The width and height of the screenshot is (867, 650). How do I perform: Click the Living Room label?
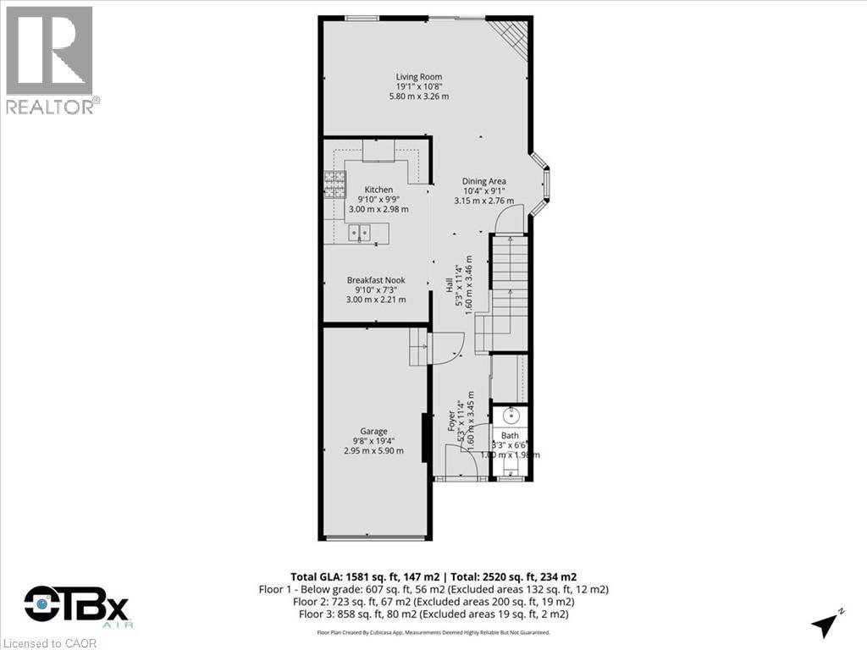point(419,77)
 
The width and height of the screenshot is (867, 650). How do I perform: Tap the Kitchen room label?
point(378,190)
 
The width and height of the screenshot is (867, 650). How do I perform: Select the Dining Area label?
point(483,181)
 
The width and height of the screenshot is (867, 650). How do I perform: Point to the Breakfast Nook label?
point(376,280)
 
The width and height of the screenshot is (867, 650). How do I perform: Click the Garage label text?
point(373,431)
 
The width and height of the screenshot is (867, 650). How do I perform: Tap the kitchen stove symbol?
point(334,180)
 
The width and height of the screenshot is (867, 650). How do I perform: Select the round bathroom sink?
point(510,416)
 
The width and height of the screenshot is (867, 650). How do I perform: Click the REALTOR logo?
point(52,59)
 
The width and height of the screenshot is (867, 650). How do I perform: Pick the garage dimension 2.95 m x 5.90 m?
point(373,450)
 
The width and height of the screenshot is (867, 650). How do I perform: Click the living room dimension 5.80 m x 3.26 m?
point(419,96)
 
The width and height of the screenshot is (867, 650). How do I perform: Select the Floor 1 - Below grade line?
point(433,588)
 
